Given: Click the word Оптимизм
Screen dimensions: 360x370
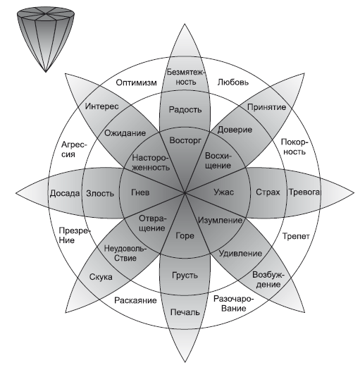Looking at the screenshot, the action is (137, 82).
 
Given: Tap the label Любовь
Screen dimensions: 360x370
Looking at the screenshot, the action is (233, 82).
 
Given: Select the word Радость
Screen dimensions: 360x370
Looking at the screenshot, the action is (185, 110).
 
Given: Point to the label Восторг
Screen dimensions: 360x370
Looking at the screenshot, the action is (185, 140).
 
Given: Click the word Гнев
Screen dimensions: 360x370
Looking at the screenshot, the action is (140, 192).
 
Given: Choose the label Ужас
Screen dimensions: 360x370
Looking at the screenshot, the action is (223, 192).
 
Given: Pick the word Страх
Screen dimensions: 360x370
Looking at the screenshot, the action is (268, 192).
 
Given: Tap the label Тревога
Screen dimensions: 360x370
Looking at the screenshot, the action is (304, 192).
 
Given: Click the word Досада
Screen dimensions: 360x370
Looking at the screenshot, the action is (65, 193).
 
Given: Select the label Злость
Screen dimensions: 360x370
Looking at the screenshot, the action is (100, 194).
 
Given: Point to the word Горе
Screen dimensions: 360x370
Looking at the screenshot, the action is (185, 235).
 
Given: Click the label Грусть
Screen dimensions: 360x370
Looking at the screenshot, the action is (185, 275).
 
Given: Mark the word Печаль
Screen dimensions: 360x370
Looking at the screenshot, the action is (185, 312).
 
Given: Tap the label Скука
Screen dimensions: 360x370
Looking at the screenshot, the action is (101, 277).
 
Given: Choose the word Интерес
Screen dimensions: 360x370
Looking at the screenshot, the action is (101, 106).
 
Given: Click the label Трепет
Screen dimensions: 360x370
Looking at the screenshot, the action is (296, 236).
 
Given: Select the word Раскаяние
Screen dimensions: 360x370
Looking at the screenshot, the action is (135, 300).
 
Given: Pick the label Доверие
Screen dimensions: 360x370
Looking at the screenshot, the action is (235, 130).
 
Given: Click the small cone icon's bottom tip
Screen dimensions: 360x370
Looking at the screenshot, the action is (46, 72).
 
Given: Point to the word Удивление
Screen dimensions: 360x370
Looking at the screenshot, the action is (240, 254).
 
